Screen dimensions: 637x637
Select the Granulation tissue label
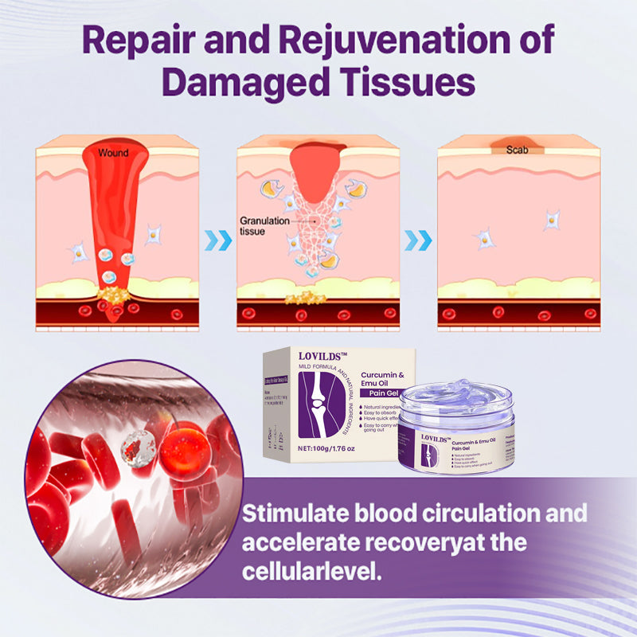pyautogui.click(x=264, y=226)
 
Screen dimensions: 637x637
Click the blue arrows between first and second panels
pyautogui.click(x=219, y=240)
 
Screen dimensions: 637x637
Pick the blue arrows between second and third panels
pyautogui.click(x=418, y=240)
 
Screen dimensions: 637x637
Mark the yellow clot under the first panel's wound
pyautogui.click(x=112, y=297)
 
